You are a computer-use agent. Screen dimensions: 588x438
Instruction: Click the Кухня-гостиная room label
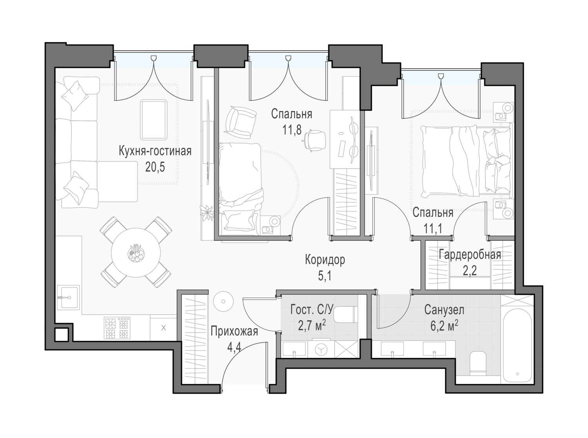click(155, 151)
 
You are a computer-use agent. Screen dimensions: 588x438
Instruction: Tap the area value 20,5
click(155, 167)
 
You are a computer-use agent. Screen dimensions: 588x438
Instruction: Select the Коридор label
click(325, 260)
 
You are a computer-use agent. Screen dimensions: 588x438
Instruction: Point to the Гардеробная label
click(470, 254)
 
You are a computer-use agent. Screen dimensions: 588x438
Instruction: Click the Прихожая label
click(234, 332)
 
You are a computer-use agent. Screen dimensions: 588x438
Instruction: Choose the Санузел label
click(444, 310)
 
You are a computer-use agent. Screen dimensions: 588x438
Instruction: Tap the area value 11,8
click(292, 130)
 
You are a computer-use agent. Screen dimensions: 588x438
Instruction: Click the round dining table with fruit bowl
click(136, 253)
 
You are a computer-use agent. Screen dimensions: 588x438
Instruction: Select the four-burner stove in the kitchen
click(117, 328)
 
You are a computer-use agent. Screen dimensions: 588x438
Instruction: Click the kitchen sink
click(68, 297)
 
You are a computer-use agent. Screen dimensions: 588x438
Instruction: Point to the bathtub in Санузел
click(517, 345)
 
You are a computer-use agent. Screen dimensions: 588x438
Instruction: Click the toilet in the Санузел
click(478, 363)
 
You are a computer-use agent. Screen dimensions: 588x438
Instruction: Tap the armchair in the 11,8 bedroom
click(240, 122)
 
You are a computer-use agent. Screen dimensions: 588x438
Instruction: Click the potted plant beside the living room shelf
click(207, 213)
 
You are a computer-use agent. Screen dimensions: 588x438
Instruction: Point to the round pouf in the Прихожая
click(223, 302)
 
